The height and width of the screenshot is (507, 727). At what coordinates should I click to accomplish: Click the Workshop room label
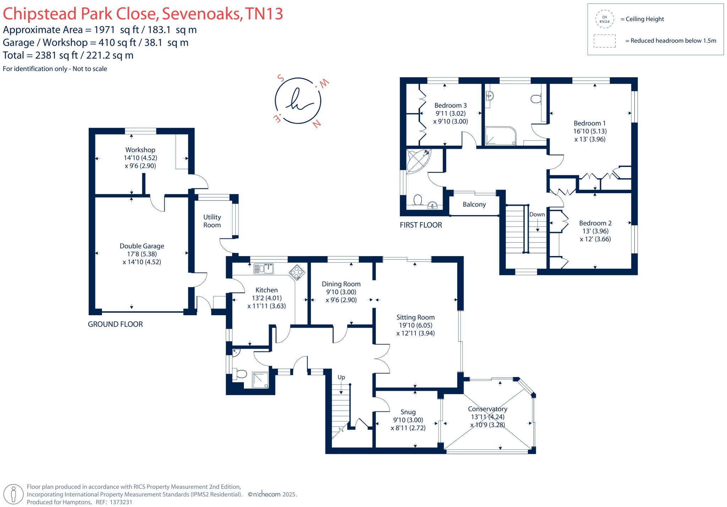pos(140,150)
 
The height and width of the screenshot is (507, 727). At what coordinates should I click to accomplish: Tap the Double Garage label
pos(142,246)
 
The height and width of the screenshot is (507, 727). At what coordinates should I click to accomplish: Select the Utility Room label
pos(212,221)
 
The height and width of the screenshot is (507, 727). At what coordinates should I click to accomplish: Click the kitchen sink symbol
pos(263,269)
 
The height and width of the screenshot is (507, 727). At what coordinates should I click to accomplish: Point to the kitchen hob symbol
pos(297,273)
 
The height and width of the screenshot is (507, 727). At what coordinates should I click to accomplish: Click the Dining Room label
pos(341,284)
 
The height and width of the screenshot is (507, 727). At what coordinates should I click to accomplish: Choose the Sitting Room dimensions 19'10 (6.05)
pos(415,325)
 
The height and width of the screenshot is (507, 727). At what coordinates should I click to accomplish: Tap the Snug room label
pos(408,412)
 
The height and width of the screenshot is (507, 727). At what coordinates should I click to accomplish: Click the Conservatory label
pos(487,409)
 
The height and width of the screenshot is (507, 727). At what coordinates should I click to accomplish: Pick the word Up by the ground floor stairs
pos(341,377)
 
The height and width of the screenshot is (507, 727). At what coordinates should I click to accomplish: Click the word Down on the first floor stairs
pos(537,214)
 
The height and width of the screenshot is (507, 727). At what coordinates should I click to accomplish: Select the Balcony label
pos(474,205)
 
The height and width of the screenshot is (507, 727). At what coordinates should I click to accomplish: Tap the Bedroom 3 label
pos(450,105)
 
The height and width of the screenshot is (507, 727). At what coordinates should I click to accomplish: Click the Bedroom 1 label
pos(590,123)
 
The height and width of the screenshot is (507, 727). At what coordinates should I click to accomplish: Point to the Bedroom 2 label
pos(595,223)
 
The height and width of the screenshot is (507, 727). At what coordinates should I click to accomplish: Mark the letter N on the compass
pos(317,124)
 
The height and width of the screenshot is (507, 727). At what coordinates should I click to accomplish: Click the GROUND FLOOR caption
pos(115,324)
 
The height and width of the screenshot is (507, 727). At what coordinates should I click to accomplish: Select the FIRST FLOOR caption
pos(421,225)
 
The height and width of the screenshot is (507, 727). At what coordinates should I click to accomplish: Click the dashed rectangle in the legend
pos(605,41)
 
